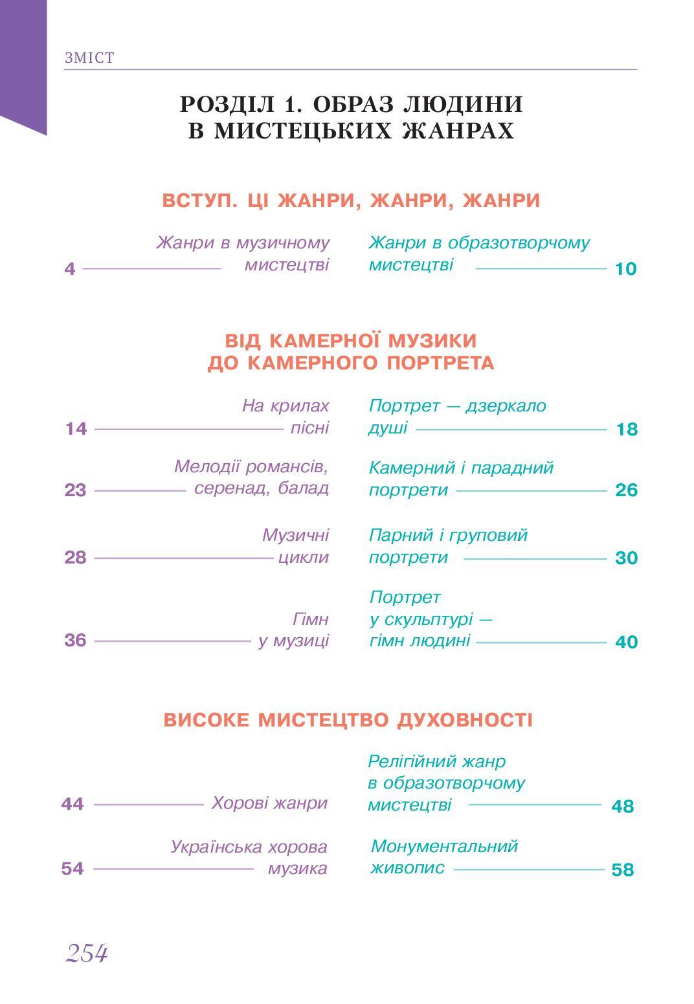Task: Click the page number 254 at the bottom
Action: tap(86, 953)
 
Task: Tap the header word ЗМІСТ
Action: tap(89, 58)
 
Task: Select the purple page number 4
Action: tap(70, 268)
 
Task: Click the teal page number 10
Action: tap(625, 268)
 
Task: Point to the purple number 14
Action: tap(76, 429)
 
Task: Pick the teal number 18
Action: tap(627, 429)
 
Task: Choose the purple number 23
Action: tap(75, 490)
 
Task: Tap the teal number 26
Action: tap(627, 490)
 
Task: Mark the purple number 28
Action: tap(75, 557)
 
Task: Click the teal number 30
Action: tap(626, 558)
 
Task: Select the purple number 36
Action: tap(75, 640)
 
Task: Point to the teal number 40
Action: tap(626, 642)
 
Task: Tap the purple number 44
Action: tap(73, 803)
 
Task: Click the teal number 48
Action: tap(622, 806)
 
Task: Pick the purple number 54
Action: tap(73, 868)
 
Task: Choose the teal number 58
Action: tap(622, 870)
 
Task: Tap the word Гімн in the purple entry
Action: tap(311, 619)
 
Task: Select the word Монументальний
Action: tap(445, 846)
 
